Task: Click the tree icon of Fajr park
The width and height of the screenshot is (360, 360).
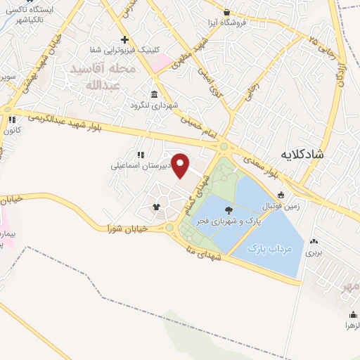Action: point(229,210)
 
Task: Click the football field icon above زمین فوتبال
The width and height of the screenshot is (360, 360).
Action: point(281,195)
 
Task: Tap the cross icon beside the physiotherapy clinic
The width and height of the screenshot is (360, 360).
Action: point(124,39)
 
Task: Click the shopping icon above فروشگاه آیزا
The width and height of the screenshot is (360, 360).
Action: point(226,12)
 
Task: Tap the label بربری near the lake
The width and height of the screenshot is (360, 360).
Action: point(313,250)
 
